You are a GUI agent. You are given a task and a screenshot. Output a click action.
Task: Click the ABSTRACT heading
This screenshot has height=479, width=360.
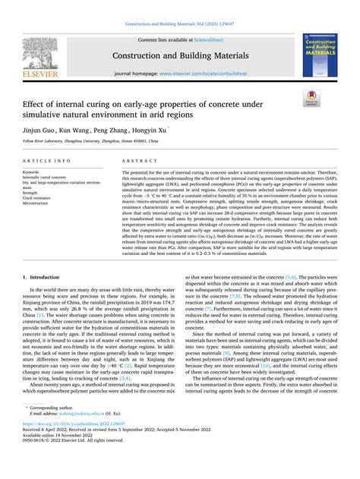coord(140,161)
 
